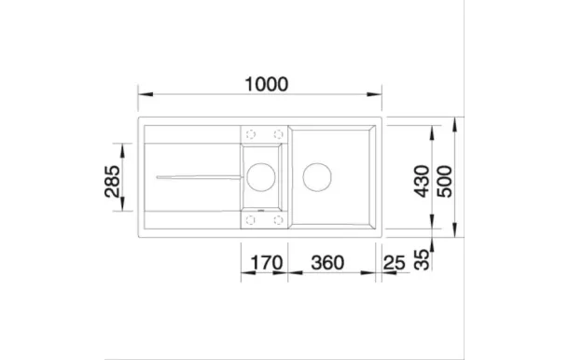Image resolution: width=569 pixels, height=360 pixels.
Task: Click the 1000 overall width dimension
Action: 261,83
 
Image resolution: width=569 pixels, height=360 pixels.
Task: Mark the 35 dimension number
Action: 422,258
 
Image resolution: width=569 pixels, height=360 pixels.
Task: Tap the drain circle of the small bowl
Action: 262,173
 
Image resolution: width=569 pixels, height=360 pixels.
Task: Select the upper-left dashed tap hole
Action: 249,132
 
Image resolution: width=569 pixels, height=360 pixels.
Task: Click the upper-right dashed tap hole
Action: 276,132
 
